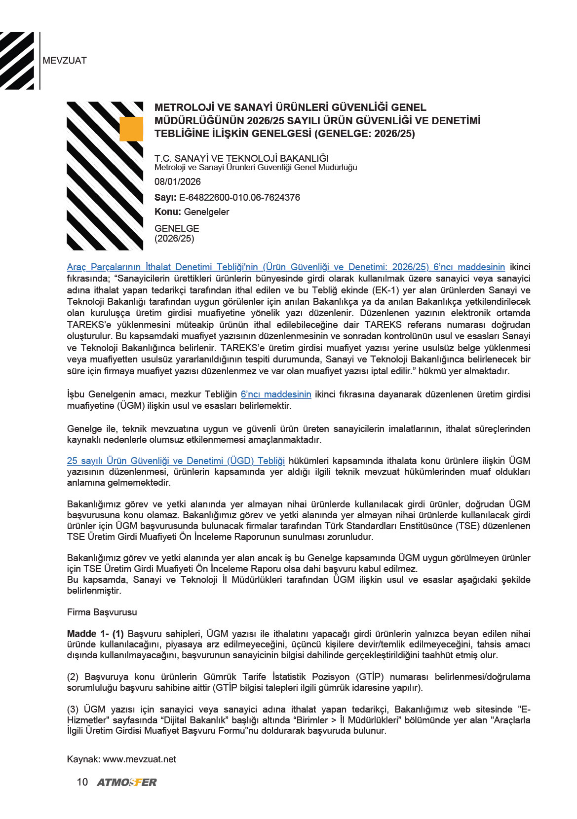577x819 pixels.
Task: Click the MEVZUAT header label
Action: click(x=65, y=61)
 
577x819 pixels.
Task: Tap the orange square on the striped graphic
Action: click(x=131, y=129)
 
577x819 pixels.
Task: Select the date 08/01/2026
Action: click(x=178, y=181)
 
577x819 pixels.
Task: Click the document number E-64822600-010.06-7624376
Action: click(x=239, y=197)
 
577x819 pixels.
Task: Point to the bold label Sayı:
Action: click(x=165, y=197)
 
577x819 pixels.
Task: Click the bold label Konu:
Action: click(x=168, y=212)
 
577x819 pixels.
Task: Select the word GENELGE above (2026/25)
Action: click(x=177, y=228)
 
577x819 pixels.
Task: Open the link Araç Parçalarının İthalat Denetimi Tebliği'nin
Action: click(x=163, y=267)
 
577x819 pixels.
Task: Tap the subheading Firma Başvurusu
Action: click(x=102, y=612)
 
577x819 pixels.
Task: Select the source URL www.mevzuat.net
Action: click(x=139, y=759)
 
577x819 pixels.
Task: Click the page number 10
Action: click(x=82, y=782)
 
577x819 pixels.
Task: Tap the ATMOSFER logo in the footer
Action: click(x=127, y=783)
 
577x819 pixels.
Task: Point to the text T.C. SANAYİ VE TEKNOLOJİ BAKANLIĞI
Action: click(x=241, y=158)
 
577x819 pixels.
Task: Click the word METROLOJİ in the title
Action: click(x=184, y=107)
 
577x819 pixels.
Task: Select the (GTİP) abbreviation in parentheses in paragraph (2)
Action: click(x=370, y=677)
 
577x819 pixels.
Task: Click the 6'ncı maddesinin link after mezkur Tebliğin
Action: click(x=276, y=394)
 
